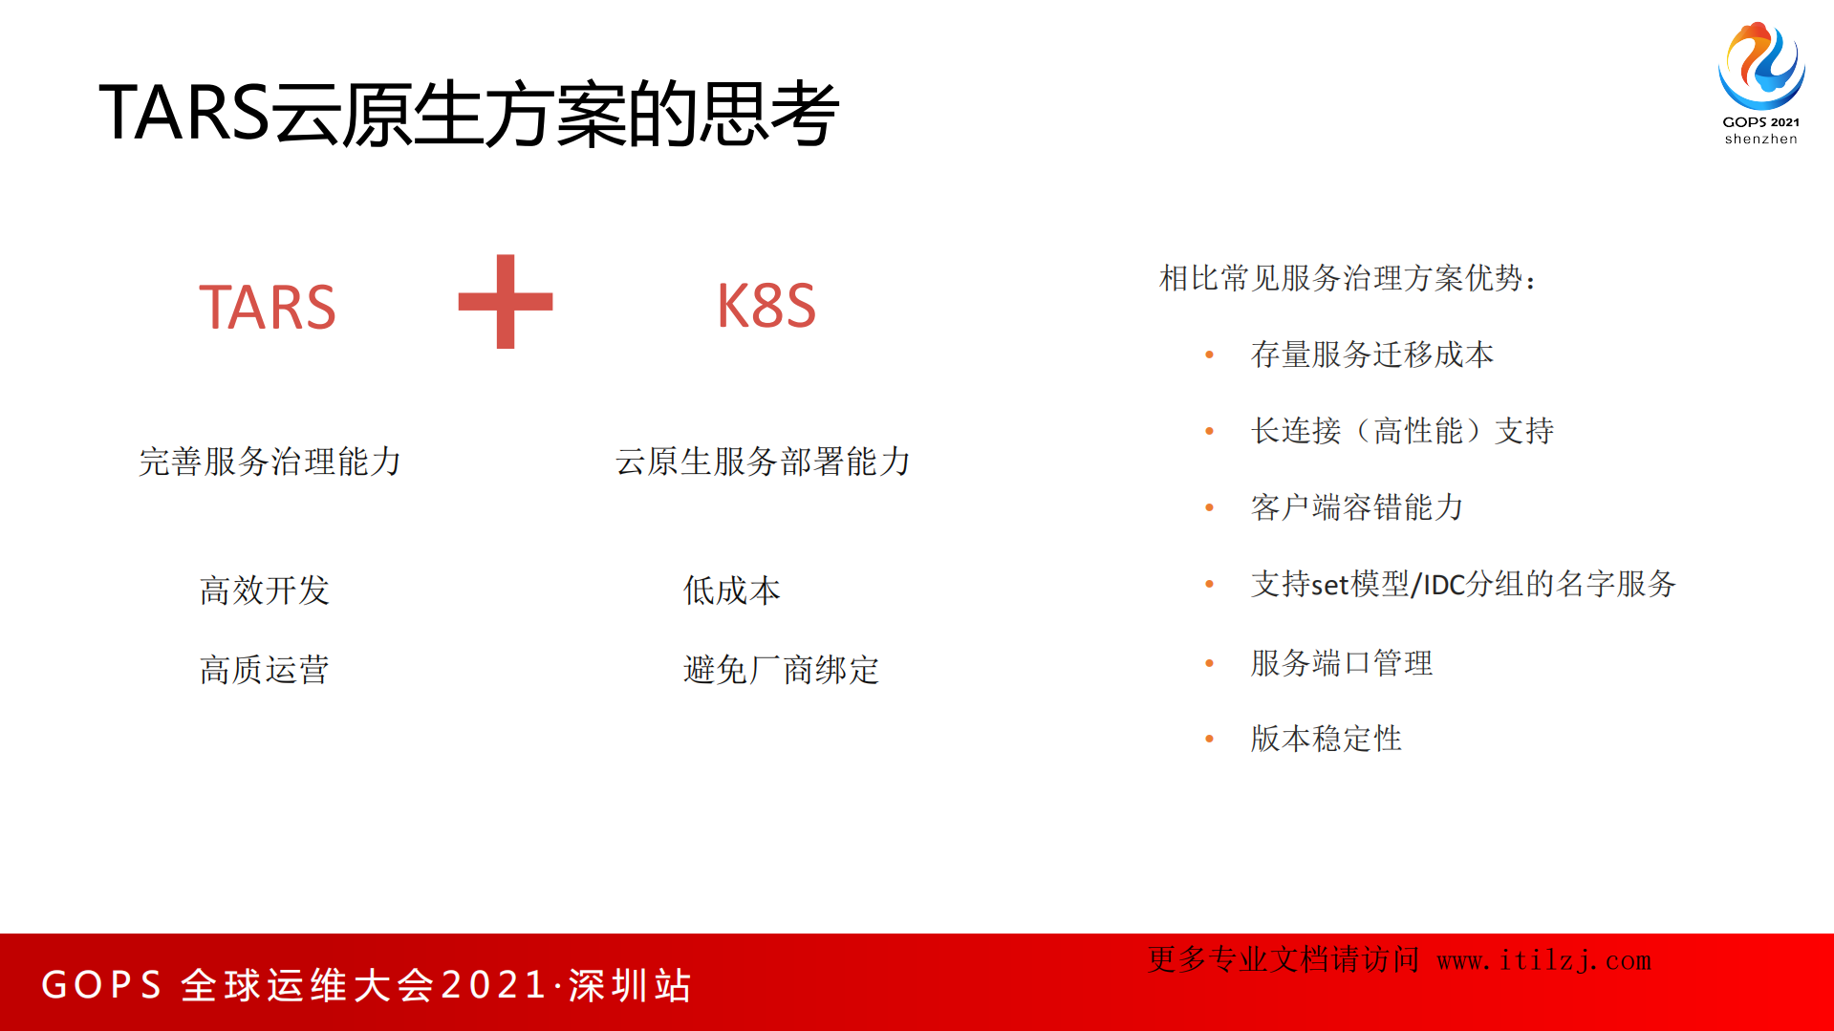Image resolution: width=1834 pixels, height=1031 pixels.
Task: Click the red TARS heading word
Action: coord(268,308)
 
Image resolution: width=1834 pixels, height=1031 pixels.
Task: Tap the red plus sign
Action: coord(506,302)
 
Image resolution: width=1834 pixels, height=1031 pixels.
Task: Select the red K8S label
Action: coord(766,307)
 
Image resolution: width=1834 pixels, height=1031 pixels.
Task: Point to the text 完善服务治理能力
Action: coord(270,462)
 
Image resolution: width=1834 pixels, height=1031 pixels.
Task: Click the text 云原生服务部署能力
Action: coord(763,462)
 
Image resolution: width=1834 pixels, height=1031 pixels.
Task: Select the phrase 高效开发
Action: coord(265,591)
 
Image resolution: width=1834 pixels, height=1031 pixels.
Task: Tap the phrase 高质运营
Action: coord(265,670)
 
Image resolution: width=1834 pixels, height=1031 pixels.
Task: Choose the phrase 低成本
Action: coord(732,591)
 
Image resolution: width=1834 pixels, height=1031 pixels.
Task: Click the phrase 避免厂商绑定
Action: coord(781,670)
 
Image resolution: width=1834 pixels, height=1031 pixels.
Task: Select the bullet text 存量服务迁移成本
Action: coord(1371,354)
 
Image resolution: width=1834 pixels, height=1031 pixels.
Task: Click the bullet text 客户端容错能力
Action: coord(1357,507)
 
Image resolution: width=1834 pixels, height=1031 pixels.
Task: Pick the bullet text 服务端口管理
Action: coord(1342,663)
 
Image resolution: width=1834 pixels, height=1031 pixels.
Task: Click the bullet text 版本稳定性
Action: coord(1327,739)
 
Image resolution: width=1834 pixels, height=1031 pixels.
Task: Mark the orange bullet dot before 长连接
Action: coord(1210,431)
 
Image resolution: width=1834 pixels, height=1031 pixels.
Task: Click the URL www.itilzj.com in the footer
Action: coord(1544,960)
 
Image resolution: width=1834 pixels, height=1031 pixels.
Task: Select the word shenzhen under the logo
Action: coord(1761,140)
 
